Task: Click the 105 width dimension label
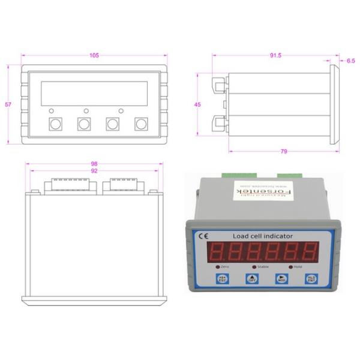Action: click(x=94, y=56)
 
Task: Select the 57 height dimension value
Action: click(x=8, y=104)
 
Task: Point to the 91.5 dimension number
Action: click(x=275, y=56)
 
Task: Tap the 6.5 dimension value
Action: click(x=351, y=61)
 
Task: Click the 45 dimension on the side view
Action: click(x=197, y=104)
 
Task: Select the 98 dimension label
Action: click(x=94, y=164)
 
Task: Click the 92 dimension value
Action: click(x=94, y=171)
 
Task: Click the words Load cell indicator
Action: click(x=258, y=236)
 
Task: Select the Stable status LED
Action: click(x=254, y=265)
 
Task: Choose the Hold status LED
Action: click(x=291, y=265)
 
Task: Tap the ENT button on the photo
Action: click(x=310, y=279)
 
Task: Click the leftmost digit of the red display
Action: click(x=217, y=251)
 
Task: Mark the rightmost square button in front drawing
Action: click(x=141, y=124)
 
